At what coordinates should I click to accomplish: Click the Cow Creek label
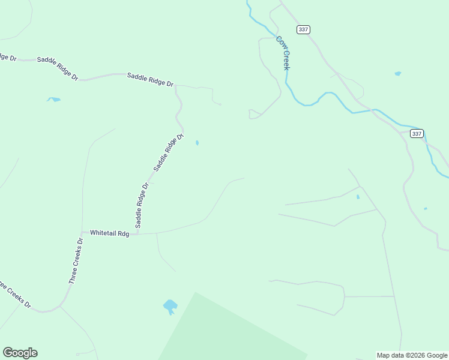(x=283, y=52)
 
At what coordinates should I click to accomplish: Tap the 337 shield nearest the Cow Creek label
(x=303, y=29)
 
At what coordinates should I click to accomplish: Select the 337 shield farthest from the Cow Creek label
(x=417, y=133)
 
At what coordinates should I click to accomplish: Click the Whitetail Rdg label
(x=109, y=232)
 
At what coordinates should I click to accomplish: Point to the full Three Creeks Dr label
(x=76, y=260)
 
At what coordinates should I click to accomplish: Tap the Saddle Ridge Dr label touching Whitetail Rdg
(x=142, y=205)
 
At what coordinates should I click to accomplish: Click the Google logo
(x=20, y=353)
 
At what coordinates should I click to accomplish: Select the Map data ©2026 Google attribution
(x=412, y=355)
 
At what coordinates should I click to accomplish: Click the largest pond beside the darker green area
(x=170, y=307)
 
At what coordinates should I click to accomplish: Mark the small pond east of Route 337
(x=397, y=74)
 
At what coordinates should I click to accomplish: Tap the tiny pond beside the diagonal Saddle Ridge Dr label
(x=197, y=143)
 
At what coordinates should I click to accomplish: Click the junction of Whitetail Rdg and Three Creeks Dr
(x=82, y=232)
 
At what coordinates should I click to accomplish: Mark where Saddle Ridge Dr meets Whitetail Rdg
(x=137, y=233)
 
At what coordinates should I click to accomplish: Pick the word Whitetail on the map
(x=103, y=232)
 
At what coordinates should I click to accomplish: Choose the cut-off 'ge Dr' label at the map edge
(x=8, y=57)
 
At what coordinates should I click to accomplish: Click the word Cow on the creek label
(x=280, y=41)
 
